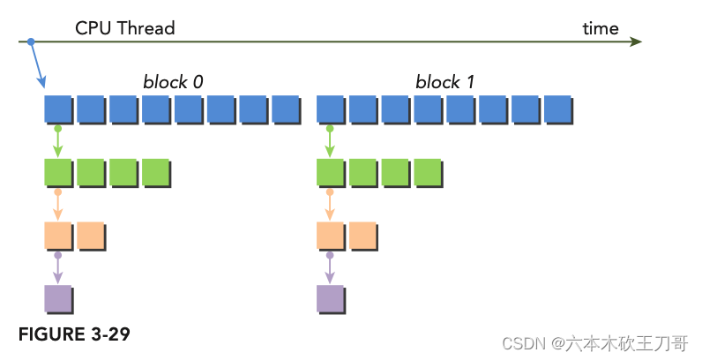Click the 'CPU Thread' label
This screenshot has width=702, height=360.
124,28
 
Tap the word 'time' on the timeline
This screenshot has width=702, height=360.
600,28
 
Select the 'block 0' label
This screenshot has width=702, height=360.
173,82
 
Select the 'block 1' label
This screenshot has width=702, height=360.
445,82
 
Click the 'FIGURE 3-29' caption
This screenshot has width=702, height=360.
74,334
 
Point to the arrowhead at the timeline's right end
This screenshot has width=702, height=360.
637,41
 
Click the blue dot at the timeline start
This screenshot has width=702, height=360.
31,41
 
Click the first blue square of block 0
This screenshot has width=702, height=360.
57,109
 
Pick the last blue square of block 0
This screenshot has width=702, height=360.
285,109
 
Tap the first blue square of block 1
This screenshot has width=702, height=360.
330,109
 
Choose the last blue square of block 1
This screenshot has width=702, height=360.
557,109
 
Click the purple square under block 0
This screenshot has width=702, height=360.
57,298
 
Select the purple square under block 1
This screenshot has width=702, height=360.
330,298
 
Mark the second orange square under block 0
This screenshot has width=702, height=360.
90,235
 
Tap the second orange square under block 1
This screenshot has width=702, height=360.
362,235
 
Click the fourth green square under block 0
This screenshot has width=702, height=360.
155,171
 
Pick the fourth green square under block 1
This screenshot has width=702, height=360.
428,171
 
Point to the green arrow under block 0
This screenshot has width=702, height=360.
57,141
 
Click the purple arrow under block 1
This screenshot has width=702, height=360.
330,267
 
